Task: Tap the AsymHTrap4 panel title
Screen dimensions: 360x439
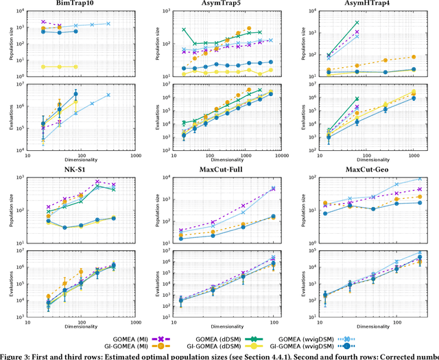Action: [372, 4]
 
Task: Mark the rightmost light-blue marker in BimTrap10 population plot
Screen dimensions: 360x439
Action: [108, 23]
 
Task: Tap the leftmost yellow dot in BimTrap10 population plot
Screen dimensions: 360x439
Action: [43, 67]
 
